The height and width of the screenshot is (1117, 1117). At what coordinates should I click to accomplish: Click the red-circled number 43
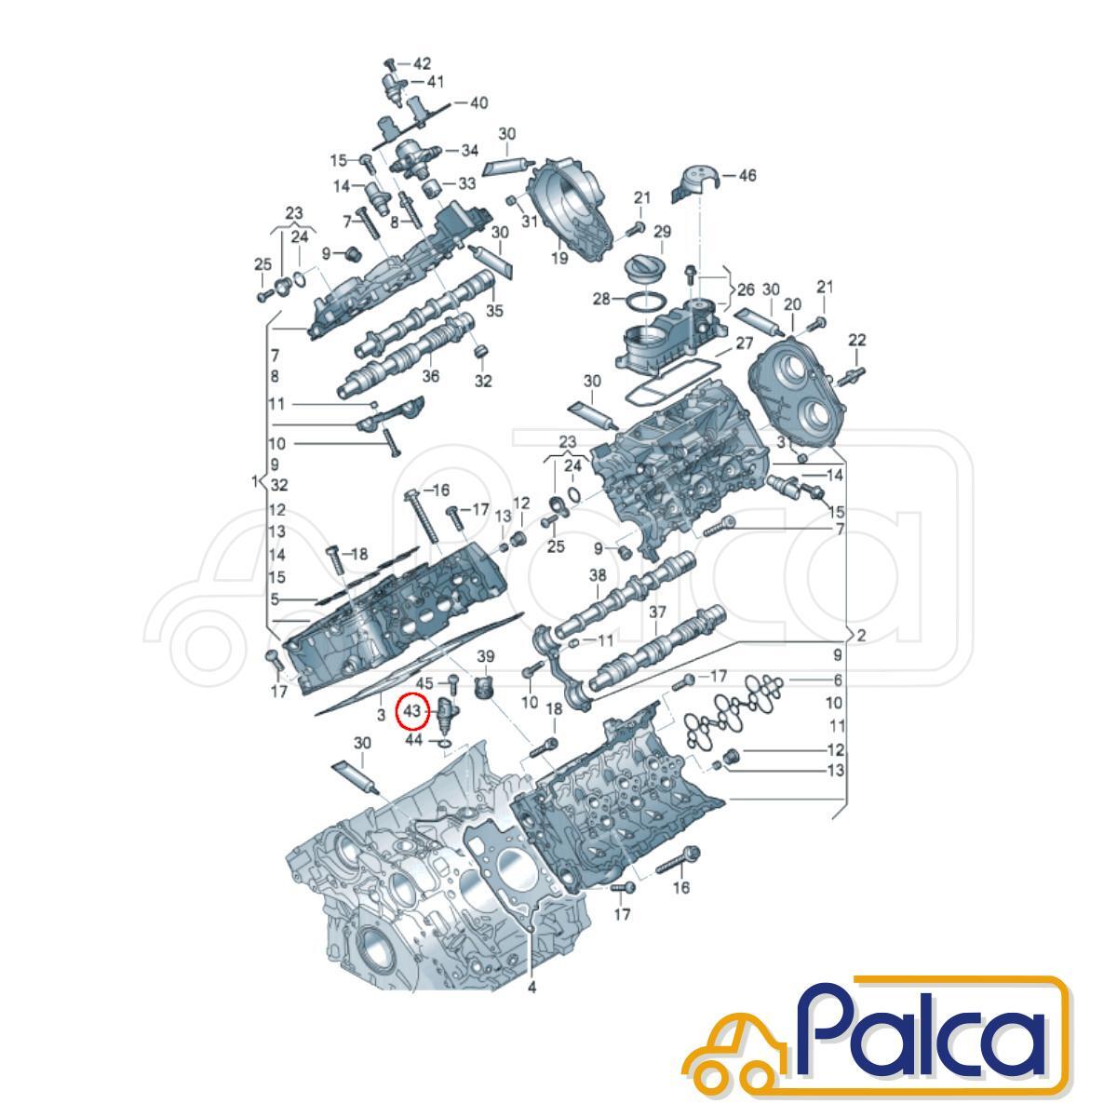click(x=411, y=710)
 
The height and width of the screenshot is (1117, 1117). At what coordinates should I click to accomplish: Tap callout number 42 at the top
click(x=422, y=64)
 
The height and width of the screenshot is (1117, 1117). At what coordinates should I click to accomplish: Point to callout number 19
click(x=558, y=257)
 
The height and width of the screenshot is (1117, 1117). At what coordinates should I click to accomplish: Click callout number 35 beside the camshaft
click(x=494, y=311)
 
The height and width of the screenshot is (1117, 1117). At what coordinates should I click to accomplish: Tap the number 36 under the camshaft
click(x=430, y=376)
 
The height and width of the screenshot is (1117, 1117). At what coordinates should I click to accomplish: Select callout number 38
click(x=598, y=575)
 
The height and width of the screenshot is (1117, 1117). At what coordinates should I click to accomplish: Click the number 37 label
click(x=657, y=612)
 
